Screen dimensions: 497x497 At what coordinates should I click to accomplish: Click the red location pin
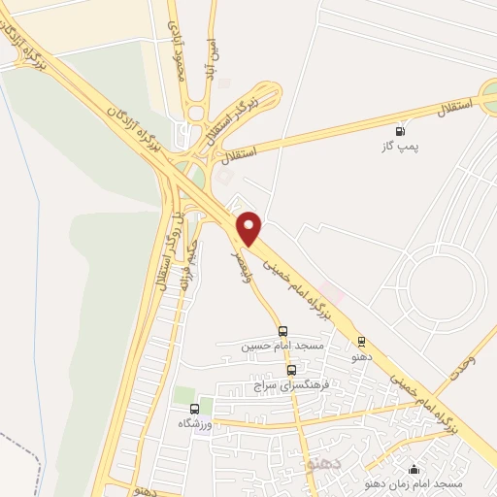[250, 228]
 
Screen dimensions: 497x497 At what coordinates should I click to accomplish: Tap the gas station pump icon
[399, 131]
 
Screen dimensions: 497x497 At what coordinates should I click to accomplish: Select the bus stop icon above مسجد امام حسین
[282, 331]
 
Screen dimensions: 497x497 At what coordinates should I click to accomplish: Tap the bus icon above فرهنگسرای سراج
[291, 370]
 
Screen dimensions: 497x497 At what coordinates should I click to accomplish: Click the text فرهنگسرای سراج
[291, 385]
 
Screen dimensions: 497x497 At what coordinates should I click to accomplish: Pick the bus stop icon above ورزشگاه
[194, 409]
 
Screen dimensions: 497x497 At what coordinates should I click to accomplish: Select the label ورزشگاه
[194, 424]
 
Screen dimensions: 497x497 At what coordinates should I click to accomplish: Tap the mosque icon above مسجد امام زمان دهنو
[414, 468]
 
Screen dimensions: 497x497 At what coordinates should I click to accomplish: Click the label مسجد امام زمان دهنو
[414, 482]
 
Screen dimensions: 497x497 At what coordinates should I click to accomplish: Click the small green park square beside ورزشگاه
[180, 397]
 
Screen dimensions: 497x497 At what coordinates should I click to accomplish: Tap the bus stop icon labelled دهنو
[361, 341]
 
